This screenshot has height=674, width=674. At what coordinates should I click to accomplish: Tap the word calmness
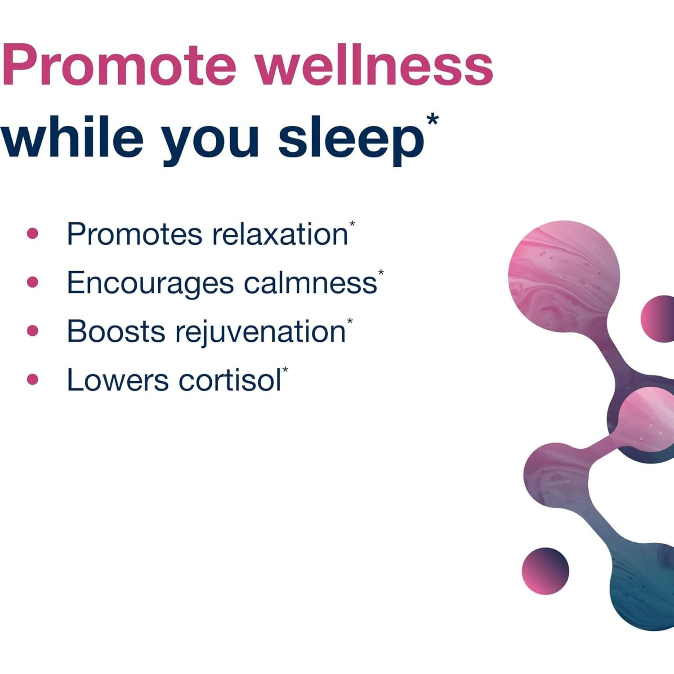[310, 283]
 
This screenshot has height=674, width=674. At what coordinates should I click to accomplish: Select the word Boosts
[116, 331]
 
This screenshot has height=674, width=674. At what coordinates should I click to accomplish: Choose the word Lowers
[117, 380]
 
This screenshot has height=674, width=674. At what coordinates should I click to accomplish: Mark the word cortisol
[230, 380]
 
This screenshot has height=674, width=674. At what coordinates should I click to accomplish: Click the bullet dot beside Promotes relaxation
[32, 233]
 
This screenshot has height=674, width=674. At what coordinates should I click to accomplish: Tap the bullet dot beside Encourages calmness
[32, 282]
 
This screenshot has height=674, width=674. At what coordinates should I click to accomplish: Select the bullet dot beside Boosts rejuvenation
[32, 331]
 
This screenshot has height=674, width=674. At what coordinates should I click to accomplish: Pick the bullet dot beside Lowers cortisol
[32, 380]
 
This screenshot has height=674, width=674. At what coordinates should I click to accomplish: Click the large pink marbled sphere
[564, 276]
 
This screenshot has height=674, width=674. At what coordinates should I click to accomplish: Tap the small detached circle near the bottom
[545, 571]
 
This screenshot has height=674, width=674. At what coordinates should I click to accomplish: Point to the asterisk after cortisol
[285, 370]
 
